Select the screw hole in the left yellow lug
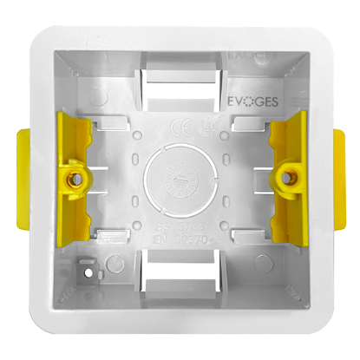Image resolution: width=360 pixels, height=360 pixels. [x=75, y=180]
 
